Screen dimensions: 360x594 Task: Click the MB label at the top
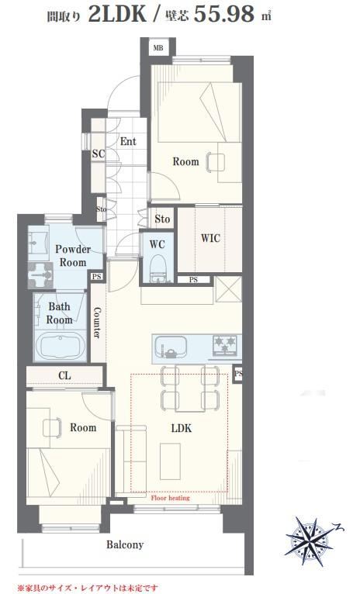coord(158,48)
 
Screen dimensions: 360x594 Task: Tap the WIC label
coord(210,238)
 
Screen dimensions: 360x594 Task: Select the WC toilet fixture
coord(157,268)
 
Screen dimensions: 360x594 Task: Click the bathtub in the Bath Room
coord(60,347)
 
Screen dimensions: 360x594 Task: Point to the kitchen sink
coord(170,347)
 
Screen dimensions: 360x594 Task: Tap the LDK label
coord(181,428)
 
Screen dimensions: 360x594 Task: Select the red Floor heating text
coord(170,498)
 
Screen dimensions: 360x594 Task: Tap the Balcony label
coord(125,544)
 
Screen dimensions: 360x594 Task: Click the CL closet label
coord(64,376)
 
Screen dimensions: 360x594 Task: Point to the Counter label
coord(97,323)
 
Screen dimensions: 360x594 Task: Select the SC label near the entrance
coord(99,154)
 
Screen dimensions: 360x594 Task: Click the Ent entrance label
coord(128,142)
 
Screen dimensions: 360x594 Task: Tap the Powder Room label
coord(73,256)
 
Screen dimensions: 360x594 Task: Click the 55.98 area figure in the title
coord(224,14)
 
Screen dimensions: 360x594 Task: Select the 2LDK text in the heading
coord(116,14)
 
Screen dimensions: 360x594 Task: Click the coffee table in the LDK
coord(170,461)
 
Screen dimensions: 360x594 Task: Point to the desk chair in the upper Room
coord(216,162)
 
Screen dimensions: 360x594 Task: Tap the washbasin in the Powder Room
coord(38,242)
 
